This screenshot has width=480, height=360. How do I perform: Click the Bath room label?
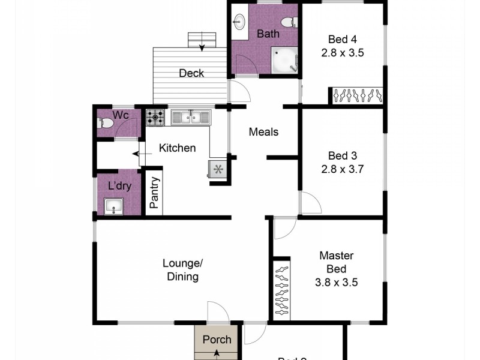click(x=268, y=34)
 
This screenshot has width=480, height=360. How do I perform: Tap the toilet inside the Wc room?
click(x=105, y=124)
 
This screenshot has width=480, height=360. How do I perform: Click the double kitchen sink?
click(x=190, y=116)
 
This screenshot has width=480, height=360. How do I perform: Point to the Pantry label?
click(x=154, y=193)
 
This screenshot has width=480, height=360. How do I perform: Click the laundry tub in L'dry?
click(x=113, y=207)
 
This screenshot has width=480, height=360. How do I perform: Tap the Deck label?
click(x=191, y=73)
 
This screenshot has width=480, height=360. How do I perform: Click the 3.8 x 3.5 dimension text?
click(x=335, y=282)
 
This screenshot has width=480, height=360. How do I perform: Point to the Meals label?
click(x=263, y=131)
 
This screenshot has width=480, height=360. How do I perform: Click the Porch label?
click(x=217, y=340)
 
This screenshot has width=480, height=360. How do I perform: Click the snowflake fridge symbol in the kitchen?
click(x=218, y=170)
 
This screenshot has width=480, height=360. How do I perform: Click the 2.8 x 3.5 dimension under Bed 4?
click(x=341, y=53)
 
